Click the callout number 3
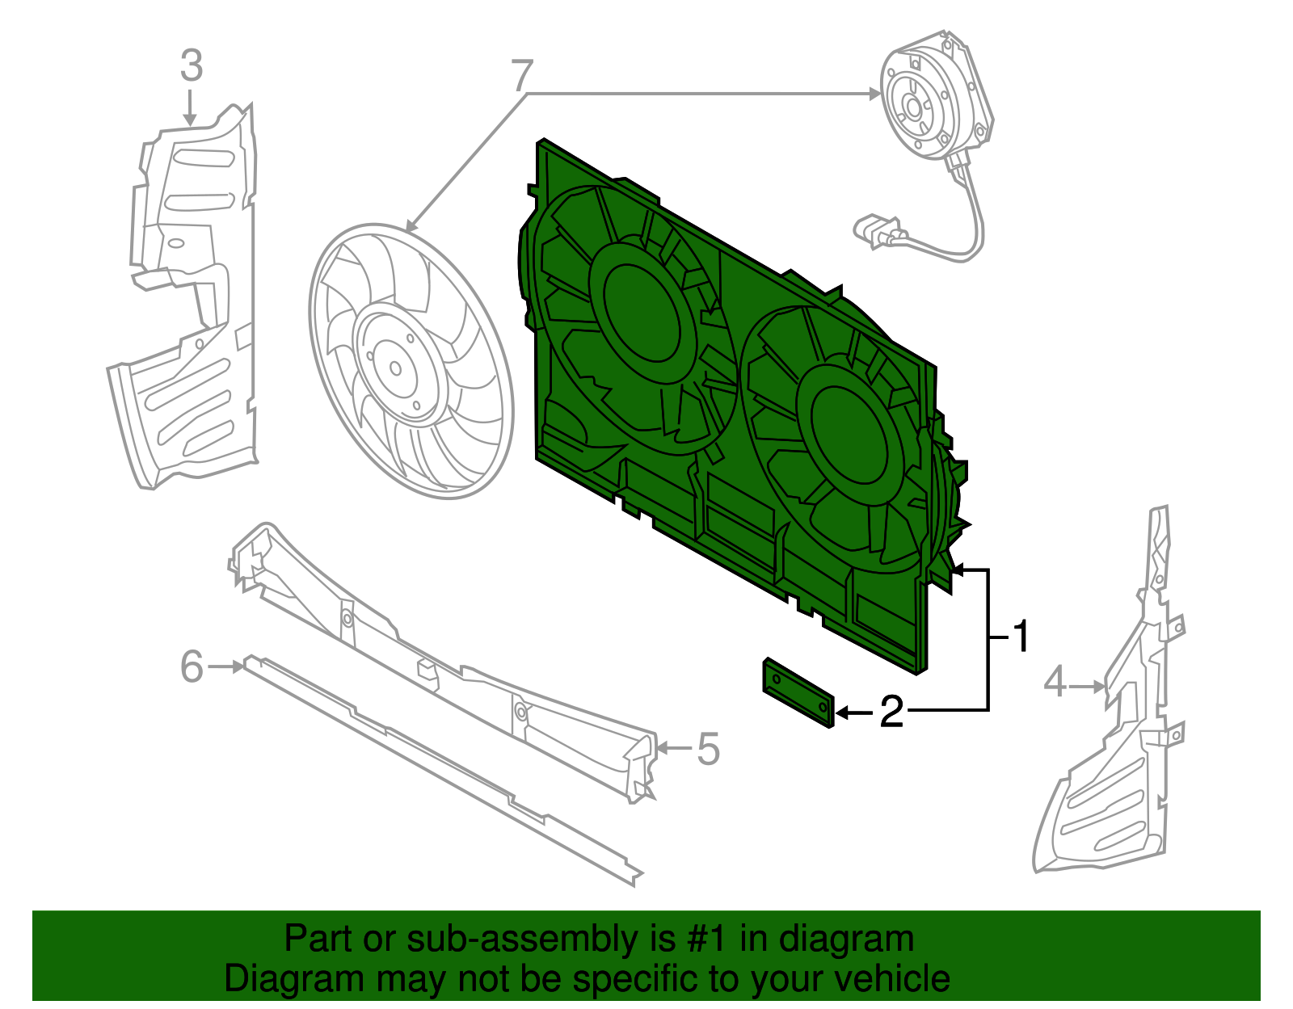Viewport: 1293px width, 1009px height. pyautogui.click(x=192, y=65)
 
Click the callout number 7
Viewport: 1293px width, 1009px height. pyautogui.click(x=523, y=76)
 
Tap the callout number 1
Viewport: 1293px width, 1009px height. pyautogui.click(x=1021, y=637)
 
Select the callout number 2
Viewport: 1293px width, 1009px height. pyautogui.click(x=891, y=712)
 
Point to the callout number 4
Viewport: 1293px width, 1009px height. pyautogui.click(x=1055, y=683)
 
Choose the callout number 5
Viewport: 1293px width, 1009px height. pyautogui.click(x=708, y=749)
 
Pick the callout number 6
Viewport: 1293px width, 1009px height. pyautogui.click(x=192, y=666)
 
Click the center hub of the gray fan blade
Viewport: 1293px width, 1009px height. pyautogui.click(x=395, y=368)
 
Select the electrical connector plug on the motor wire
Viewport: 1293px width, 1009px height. pyautogui.click(x=877, y=232)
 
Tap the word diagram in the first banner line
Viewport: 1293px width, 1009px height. pyautogui.click(x=846, y=940)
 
